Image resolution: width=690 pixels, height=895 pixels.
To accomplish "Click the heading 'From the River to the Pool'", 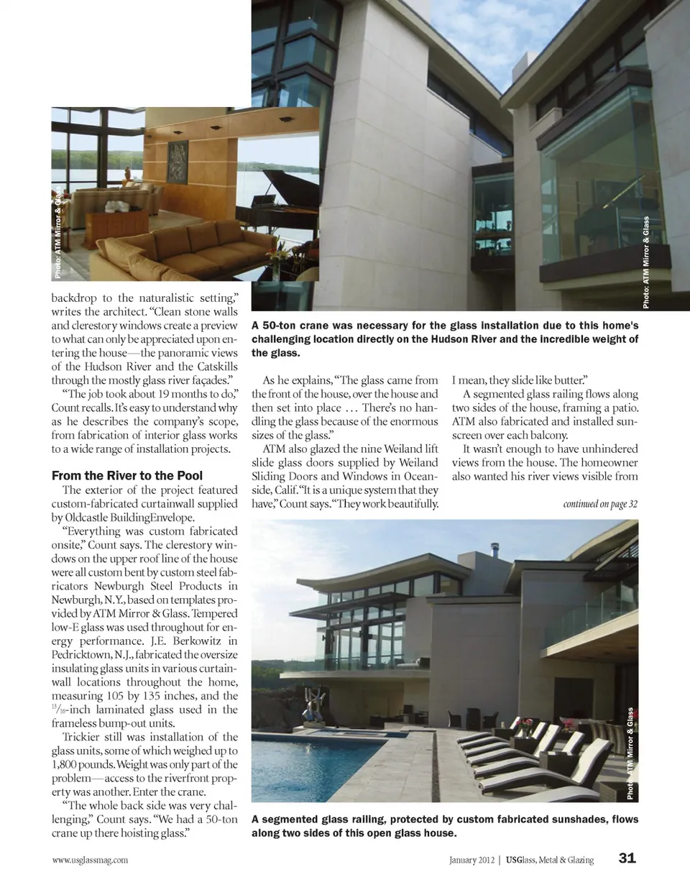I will [x=127, y=476].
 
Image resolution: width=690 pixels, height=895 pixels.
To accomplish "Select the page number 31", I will [x=627, y=858].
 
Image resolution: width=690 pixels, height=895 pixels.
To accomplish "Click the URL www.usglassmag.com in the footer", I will [x=90, y=860].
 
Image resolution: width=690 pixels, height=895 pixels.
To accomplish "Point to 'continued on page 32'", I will [x=599, y=503].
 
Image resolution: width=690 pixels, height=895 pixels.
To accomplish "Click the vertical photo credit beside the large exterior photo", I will [x=646, y=262].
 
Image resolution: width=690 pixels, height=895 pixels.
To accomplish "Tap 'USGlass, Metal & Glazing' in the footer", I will [x=549, y=860].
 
